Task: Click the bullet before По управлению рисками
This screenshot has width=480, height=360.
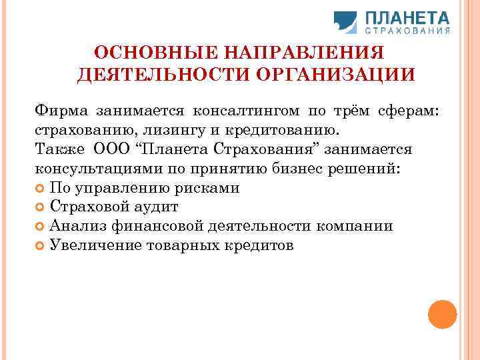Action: click(x=40, y=188)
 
